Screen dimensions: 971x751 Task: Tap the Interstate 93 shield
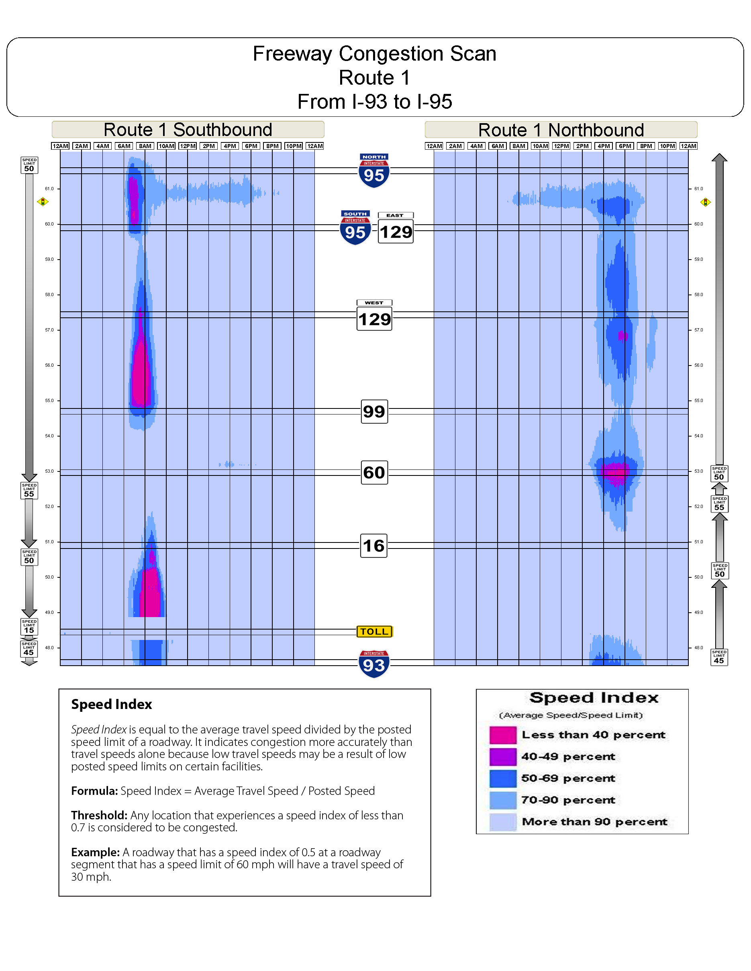coord(374,664)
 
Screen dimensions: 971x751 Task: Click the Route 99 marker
coord(374,412)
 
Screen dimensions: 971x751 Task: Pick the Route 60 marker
coord(374,472)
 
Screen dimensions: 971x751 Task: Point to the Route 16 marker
coord(374,546)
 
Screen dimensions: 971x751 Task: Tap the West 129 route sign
coord(374,316)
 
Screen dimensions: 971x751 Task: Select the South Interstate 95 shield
coord(355,228)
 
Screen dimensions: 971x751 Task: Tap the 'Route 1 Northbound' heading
coord(561,130)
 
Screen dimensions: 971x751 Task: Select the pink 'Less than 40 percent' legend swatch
coord(503,735)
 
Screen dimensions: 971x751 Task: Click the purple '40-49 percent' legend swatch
coord(503,757)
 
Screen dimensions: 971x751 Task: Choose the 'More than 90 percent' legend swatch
coord(503,822)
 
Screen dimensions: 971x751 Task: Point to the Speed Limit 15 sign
coord(29,626)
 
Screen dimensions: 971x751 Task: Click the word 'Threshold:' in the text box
coord(99,815)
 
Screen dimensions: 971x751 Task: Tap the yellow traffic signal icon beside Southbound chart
coord(43,202)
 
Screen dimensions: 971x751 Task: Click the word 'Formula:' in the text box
coord(94,791)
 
